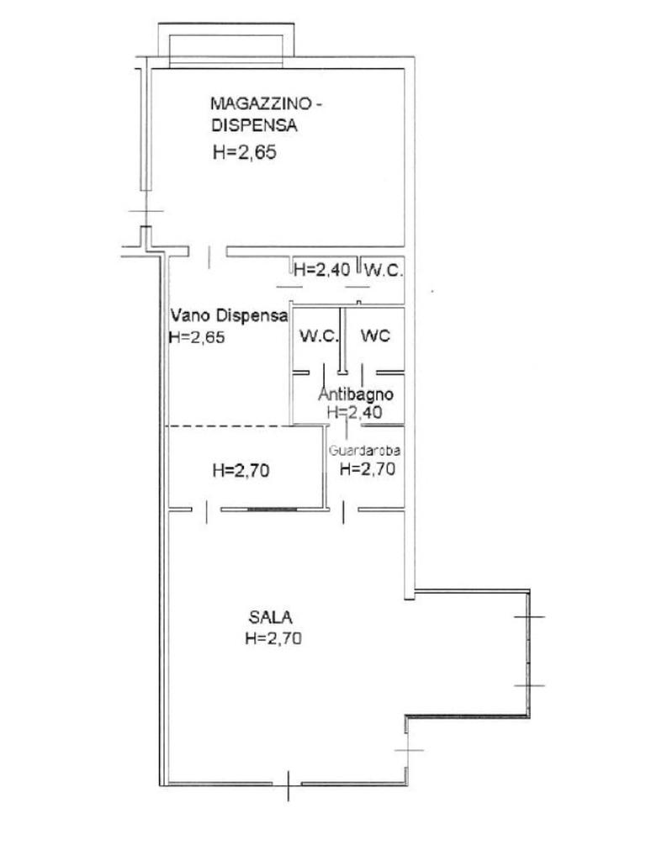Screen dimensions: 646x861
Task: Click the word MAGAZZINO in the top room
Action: (261, 103)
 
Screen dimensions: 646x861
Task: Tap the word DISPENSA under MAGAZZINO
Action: (254, 125)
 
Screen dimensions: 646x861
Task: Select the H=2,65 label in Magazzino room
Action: (245, 152)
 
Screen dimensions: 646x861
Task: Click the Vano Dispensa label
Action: (229, 315)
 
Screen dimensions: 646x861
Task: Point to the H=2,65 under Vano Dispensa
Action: (197, 336)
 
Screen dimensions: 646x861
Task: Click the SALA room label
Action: (270, 617)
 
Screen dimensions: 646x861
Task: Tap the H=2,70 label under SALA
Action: (273, 638)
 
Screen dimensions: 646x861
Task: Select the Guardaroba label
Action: (364, 451)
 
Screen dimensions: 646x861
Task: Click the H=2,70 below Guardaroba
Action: (368, 469)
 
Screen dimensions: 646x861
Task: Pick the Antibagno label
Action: (356, 394)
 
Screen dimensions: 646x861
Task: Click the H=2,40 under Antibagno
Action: (354, 412)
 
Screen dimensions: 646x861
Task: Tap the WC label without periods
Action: (375, 335)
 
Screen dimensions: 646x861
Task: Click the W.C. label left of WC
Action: (318, 335)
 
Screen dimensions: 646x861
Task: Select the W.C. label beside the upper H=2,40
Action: (384, 270)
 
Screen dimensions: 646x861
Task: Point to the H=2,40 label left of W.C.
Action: (322, 270)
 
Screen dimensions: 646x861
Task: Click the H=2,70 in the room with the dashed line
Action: (241, 471)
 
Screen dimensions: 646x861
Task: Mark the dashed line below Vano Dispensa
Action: (228, 426)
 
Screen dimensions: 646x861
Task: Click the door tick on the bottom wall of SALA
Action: (289, 786)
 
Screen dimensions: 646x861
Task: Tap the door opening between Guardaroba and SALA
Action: (344, 510)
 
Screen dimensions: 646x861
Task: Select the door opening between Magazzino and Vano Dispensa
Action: (209, 252)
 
